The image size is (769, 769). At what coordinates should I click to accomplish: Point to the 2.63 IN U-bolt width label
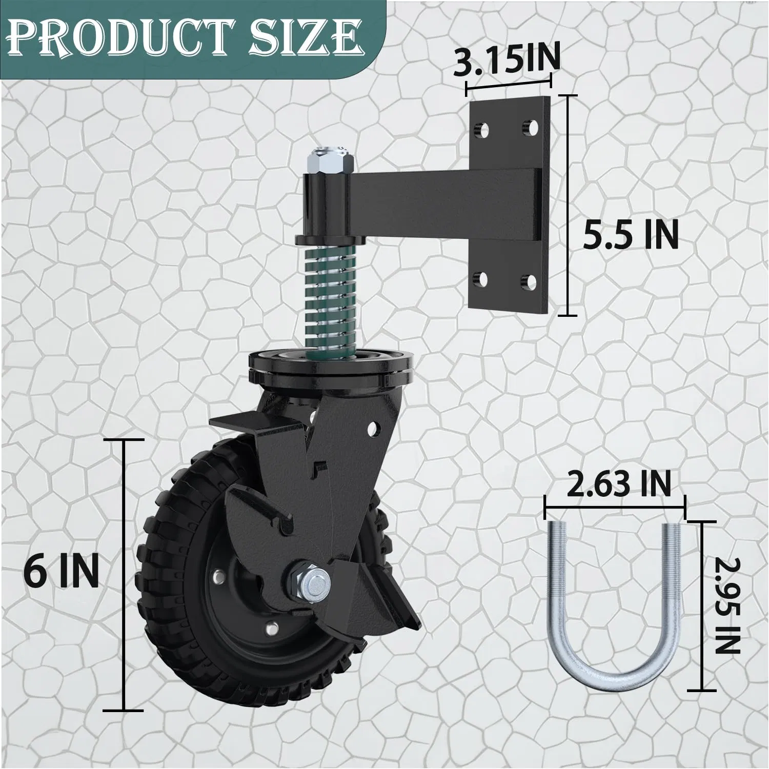click(x=618, y=484)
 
